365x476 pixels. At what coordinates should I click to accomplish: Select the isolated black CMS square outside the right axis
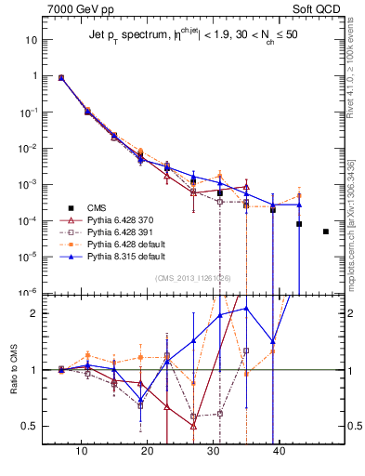coord(325,231)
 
